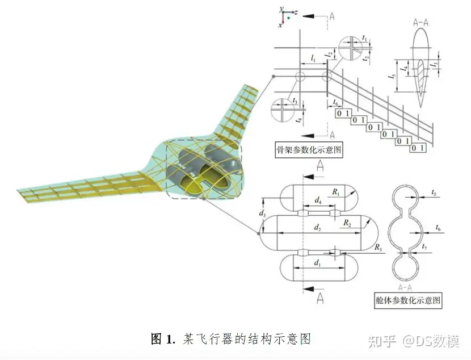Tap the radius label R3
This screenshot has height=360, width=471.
click(378, 247)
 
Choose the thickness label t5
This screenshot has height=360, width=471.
click(434, 193)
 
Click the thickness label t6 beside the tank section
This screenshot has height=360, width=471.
click(438, 227)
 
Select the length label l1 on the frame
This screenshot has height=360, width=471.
click(313, 58)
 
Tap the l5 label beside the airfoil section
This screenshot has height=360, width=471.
click(392, 75)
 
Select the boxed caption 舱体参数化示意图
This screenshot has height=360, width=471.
click(409, 300)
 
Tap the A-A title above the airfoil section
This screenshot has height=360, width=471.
click(422, 24)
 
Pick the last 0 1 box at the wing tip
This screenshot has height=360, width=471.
click(418, 148)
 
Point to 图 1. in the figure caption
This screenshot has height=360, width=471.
click(163, 340)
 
